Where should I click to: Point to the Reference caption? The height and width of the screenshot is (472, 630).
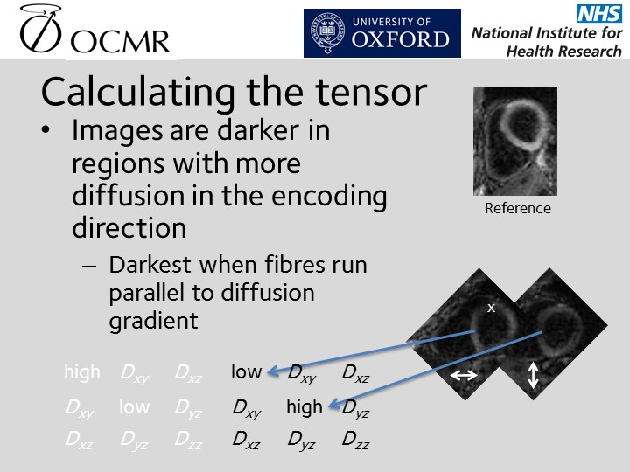[x=518, y=208]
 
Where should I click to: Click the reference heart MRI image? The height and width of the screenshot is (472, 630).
[x=515, y=142]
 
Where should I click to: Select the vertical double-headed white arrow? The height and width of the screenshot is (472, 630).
[x=535, y=376]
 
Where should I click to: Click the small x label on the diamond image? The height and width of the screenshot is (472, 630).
[x=491, y=308]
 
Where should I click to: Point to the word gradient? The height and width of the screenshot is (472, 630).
[x=154, y=321]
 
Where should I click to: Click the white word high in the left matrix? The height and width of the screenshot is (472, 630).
[x=82, y=372]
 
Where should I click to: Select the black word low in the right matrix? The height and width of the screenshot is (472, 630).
[x=246, y=372]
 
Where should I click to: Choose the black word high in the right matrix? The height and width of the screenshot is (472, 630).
[x=304, y=406]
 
